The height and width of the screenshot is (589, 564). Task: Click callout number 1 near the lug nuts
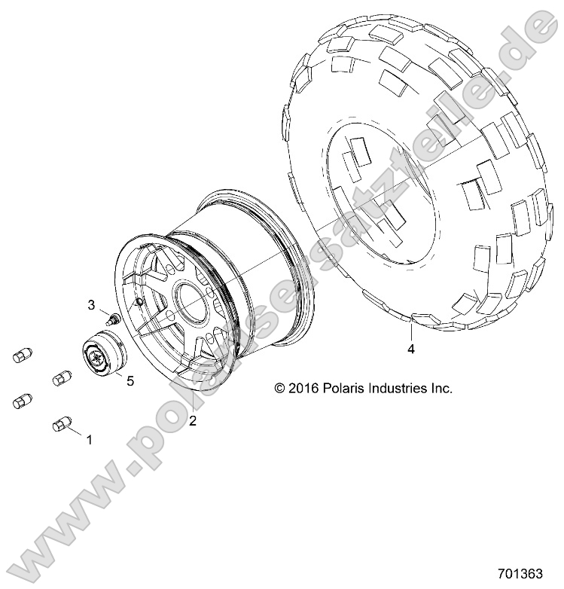click(90, 439)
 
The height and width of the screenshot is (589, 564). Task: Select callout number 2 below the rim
click(194, 421)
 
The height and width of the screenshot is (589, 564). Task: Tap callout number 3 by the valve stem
click(92, 305)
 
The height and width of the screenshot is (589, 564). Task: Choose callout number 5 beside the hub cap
click(130, 381)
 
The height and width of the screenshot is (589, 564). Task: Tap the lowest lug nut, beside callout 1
click(61, 426)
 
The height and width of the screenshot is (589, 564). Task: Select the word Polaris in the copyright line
click(343, 389)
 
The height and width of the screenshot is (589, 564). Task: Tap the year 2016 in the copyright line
click(303, 389)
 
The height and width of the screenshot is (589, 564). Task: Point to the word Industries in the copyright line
click(396, 389)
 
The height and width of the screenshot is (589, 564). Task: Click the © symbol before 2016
click(280, 389)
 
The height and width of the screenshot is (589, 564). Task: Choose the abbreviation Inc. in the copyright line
click(441, 389)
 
